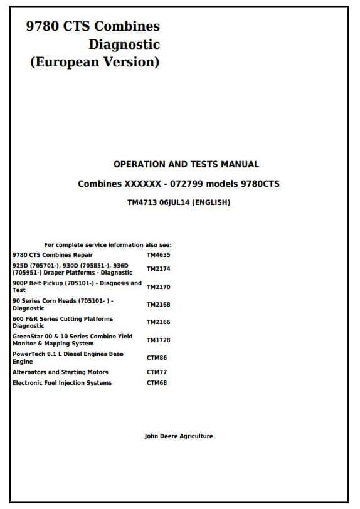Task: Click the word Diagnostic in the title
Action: (124, 45)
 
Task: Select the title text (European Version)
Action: (95, 62)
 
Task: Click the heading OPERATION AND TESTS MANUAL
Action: (186, 164)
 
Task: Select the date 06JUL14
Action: (174, 202)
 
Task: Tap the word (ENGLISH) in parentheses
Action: (211, 202)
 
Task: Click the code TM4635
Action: (158, 255)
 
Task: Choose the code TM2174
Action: (158, 269)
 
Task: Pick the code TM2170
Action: (158, 287)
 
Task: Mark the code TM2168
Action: (158, 305)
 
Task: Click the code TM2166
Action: (158, 322)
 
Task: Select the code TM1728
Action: (158, 340)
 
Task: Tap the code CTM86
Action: (156, 358)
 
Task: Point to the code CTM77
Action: (156, 372)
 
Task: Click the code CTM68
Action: (156, 383)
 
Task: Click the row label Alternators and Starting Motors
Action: (60, 372)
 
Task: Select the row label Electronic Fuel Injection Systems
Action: (62, 383)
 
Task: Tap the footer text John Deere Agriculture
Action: (179, 436)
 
